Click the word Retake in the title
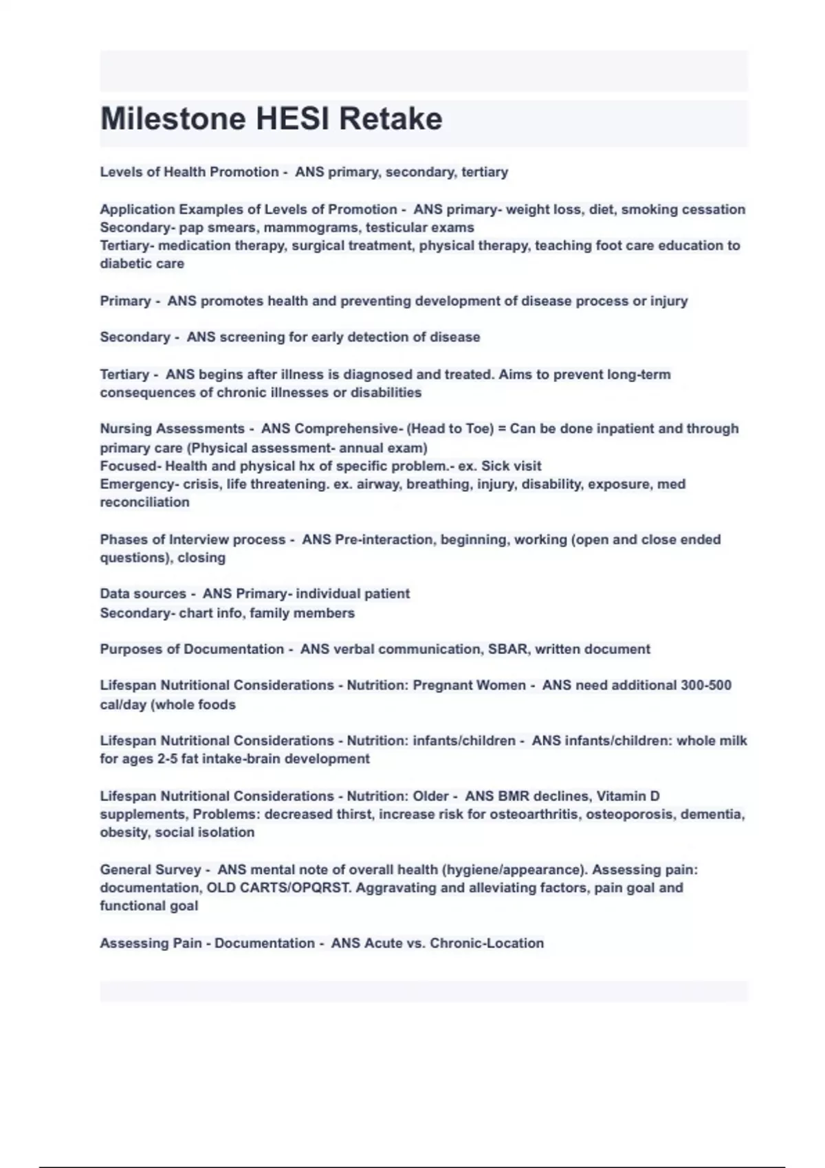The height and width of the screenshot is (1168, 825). (390, 119)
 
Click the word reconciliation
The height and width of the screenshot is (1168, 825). (144, 502)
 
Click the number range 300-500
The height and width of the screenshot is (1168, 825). (705, 685)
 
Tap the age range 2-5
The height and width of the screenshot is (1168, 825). (167, 759)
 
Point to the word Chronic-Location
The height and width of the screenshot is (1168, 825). (486, 943)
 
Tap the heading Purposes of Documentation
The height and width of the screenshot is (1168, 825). (192, 649)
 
